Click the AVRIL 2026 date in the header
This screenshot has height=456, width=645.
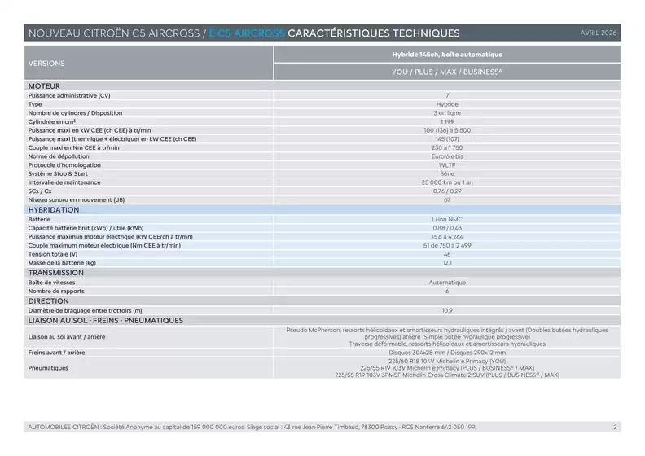(599, 33)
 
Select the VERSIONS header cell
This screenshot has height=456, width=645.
(46, 63)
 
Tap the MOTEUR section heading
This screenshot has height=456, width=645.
(44, 85)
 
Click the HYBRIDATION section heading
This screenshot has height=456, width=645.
(54, 209)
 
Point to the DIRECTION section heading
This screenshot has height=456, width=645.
(49, 300)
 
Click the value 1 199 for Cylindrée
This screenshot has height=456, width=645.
(447, 121)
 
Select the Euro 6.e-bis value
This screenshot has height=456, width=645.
(447, 156)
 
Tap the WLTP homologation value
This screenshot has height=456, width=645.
(447, 164)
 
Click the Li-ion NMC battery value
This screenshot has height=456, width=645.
(447, 219)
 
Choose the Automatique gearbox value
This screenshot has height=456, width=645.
(447, 283)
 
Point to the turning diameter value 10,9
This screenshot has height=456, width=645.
(447, 310)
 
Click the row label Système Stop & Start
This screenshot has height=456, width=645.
(57, 173)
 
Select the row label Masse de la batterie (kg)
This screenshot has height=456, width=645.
(62, 263)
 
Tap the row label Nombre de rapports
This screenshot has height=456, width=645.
(56, 292)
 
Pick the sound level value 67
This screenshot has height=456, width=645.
(447, 199)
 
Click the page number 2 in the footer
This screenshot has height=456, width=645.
(615, 427)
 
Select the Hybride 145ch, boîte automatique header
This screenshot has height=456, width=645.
(447, 55)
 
